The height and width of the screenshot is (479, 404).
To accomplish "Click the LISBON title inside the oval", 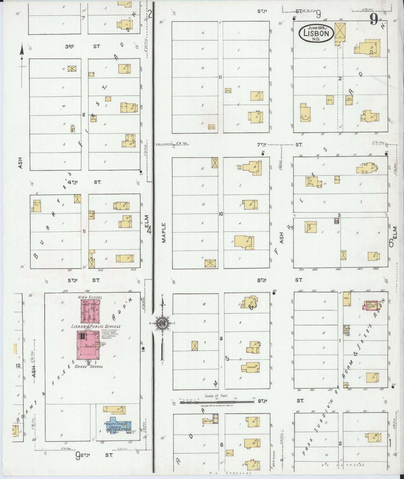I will click(316, 33).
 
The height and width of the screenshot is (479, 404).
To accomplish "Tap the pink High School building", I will click(90, 311).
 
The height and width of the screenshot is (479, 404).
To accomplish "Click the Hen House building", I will click(207, 421).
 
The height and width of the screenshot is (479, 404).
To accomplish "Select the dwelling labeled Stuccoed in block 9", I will click(250, 367).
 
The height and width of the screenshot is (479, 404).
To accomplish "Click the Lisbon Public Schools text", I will click(96, 327).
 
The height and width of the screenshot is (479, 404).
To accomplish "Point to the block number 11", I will click(220, 77).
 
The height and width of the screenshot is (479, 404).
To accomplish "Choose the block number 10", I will click(221, 214).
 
